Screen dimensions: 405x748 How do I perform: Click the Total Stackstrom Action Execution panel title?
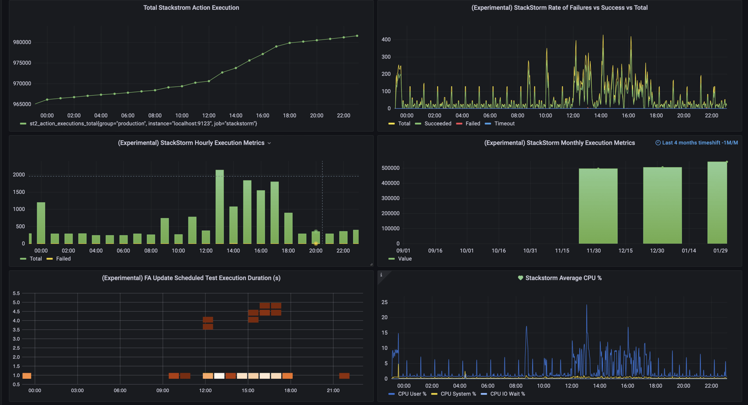191,8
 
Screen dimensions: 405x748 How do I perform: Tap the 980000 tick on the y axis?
22,43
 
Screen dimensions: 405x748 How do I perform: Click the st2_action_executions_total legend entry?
143,123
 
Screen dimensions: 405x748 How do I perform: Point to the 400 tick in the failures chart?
386,40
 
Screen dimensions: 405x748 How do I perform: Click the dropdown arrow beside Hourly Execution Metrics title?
269,143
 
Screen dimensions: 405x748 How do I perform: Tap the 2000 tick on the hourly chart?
19,175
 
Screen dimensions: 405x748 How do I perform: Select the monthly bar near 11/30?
598,206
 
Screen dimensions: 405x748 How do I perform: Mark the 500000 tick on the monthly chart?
390,168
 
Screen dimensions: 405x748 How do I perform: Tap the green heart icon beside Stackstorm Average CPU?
520,278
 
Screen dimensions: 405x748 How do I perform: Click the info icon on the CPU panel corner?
381,275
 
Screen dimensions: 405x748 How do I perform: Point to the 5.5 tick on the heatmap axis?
16,293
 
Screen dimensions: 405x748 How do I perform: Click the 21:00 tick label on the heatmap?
333,391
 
